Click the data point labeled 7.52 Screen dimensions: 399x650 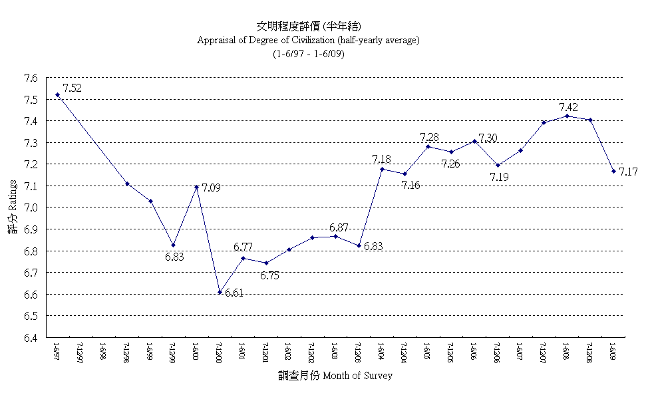[x=57, y=94]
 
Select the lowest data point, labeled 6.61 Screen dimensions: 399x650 [x=220, y=292]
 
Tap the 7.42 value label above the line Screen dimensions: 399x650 [x=568, y=106]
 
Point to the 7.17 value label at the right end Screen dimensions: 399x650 [x=628, y=172]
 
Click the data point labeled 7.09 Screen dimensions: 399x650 [x=196, y=187]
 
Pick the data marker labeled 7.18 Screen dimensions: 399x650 [x=382, y=169]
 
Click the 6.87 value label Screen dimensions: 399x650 [x=339, y=227]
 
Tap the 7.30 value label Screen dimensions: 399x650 [x=488, y=138]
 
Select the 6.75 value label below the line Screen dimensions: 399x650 [x=269, y=275]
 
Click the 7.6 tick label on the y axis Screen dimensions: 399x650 [x=30, y=78]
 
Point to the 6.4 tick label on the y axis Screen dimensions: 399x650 [x=30, y=337]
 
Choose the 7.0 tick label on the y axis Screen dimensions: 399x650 [x=30, y=207]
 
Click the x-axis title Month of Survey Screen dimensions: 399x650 [x=357, y=376]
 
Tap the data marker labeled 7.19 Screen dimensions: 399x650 [x=498, y=165]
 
